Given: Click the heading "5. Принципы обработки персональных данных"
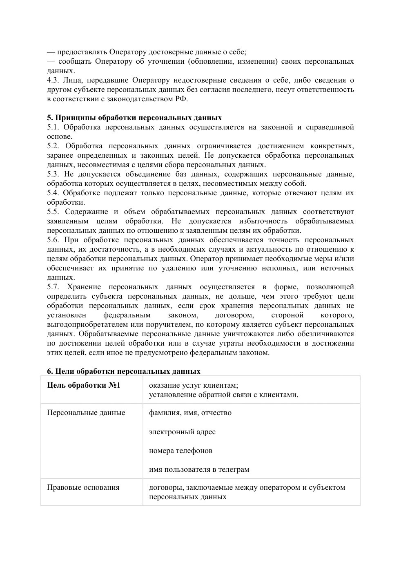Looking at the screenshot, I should (134, 118).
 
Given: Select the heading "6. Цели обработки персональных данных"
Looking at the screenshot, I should (124, 371).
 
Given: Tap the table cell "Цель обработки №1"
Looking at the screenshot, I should (84, 385).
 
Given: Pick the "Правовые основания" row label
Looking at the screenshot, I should (83, 487).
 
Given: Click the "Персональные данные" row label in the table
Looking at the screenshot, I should (86, 413).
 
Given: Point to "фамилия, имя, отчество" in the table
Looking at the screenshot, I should (190, 413).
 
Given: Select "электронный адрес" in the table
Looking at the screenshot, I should (182, 432).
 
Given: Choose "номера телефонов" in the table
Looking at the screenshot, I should (180, 451).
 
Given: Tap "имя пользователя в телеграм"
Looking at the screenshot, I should (199, 470).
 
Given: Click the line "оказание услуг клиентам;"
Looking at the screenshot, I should (194, 385).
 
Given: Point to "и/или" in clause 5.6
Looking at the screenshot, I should (344, 259).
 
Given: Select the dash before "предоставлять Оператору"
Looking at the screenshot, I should (51, 52).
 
